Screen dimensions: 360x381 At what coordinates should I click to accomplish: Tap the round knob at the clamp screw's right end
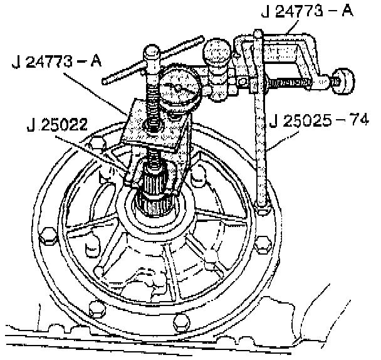point(342,80)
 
